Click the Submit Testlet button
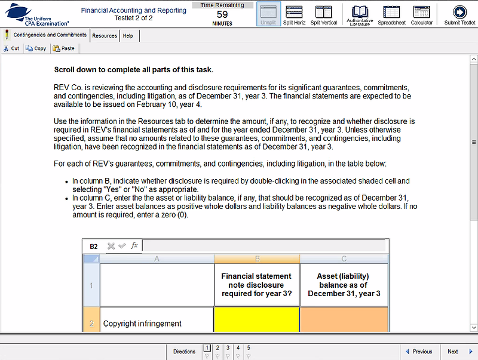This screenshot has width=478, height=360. coord(459,14)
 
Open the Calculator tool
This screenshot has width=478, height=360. coord(422,14)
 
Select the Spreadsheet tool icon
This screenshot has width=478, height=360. coord(391,14)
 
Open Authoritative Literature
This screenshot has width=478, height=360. coord(360,14)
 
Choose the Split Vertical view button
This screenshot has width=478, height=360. coord(324,14)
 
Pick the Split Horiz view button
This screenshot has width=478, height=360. coord(293,14)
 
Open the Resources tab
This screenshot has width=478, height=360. coord(105,36)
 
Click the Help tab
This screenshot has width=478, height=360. coord(128,36)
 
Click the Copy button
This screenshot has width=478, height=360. coord(36,48)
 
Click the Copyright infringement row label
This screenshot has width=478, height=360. coord(142,324)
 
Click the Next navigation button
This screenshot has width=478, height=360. coord(457,352)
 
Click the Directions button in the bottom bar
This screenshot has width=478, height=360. coord(184,352)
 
